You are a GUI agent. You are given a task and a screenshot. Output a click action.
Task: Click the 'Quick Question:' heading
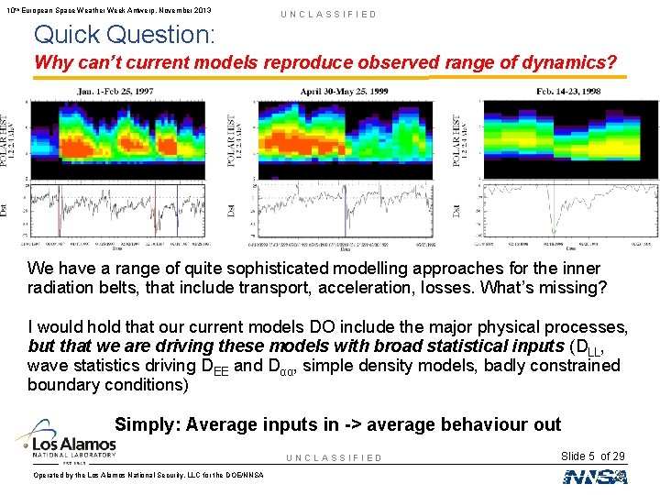[125, 35]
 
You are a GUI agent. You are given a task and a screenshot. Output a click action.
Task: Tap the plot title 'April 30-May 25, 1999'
[344, 92]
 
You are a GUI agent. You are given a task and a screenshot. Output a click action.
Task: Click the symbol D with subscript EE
[218, 367]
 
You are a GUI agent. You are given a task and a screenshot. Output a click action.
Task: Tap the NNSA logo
[595, 476]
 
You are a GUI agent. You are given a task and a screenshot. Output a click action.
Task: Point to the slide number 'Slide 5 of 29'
[591, 456]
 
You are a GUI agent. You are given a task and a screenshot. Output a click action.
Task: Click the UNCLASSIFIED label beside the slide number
[334, 457]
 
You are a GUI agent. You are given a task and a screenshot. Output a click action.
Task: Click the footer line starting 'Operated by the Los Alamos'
[148, 475]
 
